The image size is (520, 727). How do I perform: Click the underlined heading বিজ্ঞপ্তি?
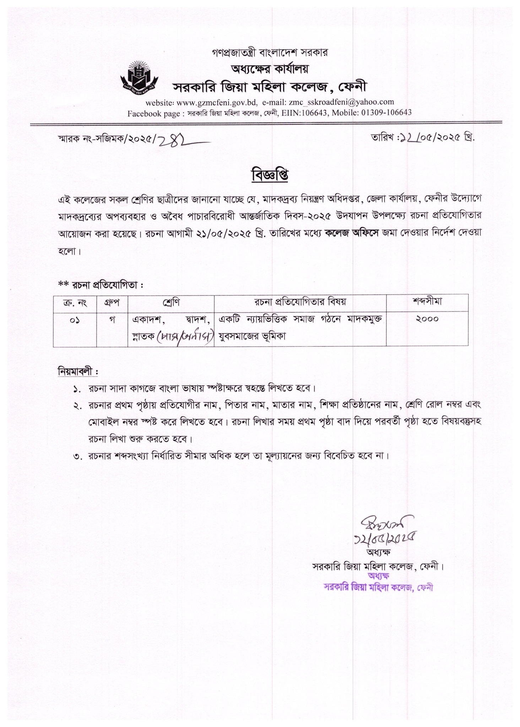coord(270,175)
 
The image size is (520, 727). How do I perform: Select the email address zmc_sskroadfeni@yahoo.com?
coord(341,102)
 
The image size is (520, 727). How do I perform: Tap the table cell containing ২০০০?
coord(427,319)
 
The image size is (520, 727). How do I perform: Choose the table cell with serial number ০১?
coord(75,319)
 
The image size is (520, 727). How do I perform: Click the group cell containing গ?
coord(112,319)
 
